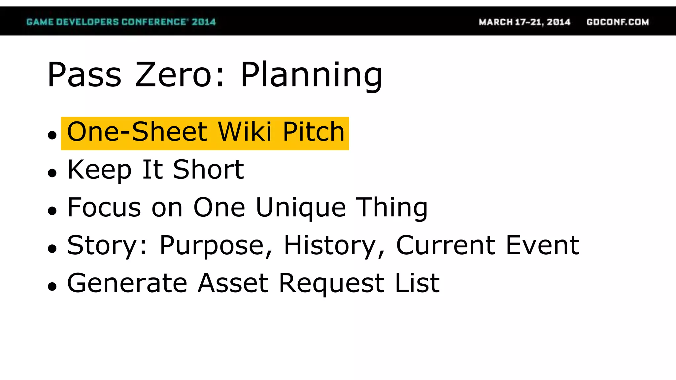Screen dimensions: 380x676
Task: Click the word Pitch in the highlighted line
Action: click(314, 132)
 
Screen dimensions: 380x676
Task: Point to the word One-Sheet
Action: click(137, 132)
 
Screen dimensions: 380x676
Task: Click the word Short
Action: click(208, 170)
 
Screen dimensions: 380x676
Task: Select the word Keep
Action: click(99, 170)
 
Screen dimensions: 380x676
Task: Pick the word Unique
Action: click(301, 208)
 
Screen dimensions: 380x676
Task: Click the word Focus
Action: click(104, 208)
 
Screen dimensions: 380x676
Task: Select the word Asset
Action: click(233, 283)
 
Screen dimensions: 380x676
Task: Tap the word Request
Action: click(332, 283)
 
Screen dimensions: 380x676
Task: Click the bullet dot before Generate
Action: click(52, 287)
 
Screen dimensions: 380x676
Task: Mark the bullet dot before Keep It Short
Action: click(52, 173)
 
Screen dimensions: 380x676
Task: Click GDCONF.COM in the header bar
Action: click(618, 22)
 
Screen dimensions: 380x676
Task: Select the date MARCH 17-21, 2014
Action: click(524, 22)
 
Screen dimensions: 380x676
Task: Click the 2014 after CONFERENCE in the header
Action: click(204, 22)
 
